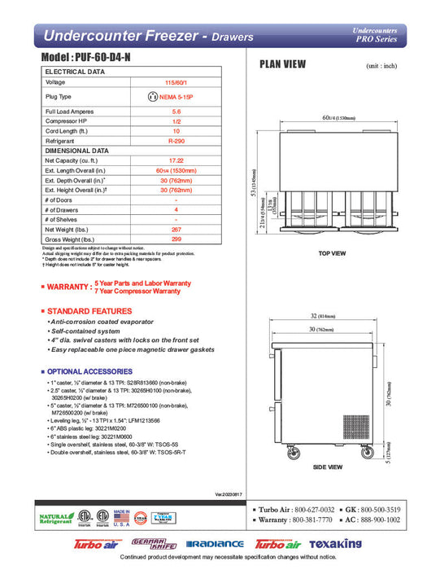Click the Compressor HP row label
(70, 121)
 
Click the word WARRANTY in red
(68, 287)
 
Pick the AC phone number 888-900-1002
(398, 518)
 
